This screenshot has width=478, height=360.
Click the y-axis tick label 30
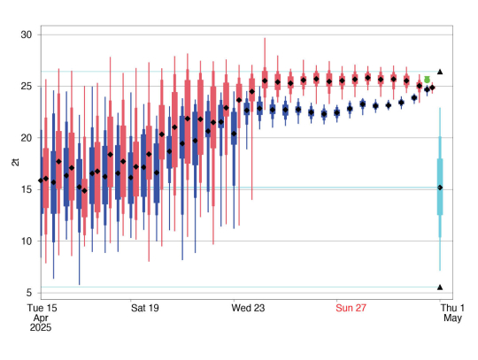click(x=26, y=34)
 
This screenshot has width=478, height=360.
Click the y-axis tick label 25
click(x=26, y=86)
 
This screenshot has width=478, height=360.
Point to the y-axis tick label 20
click(x=26, y=137)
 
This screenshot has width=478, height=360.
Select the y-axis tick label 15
click(x=26, y=189)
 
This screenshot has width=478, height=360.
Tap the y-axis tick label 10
click(x=26, y=241)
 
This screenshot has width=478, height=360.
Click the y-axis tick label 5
click(x=28, y=292)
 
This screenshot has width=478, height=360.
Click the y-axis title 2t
click(x=13, y=163)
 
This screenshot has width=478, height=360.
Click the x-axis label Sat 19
click(x=145, y=308)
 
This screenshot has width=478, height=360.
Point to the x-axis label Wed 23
click(x=249, y=308)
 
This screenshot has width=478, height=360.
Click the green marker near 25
click(x=428, y=80)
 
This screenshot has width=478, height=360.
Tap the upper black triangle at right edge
click(x=440, y=72)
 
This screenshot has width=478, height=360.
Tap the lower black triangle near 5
click(x=440, y=287)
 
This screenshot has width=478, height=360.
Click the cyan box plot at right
click(x=440, y=186)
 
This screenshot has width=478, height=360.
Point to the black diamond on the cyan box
click(x=440, y=188)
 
